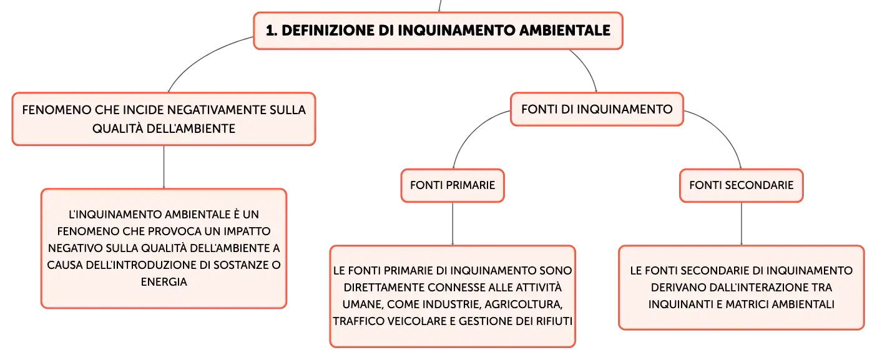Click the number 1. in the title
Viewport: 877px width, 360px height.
[272, 31]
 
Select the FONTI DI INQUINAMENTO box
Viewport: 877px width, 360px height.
[597, 109]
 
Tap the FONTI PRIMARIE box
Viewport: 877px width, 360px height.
[453, 185]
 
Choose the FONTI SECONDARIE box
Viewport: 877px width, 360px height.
[741, 185]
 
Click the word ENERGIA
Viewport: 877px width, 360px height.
[164, 282]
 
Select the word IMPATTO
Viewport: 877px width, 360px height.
[247, 231]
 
